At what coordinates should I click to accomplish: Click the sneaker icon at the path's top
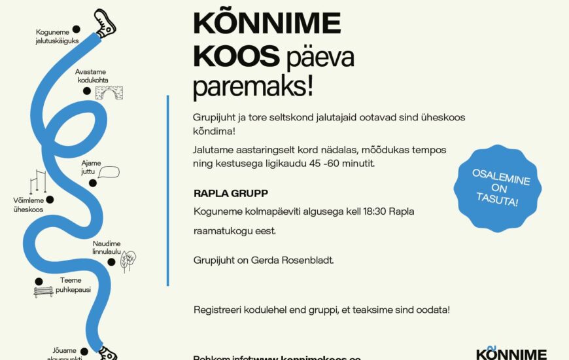[105, 24]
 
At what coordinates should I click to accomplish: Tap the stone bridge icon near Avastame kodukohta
[109, 94]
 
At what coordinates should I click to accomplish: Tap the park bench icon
[43, 290]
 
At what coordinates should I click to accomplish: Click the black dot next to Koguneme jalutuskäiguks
[76, 29]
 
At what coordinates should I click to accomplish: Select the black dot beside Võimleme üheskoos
[50, 200]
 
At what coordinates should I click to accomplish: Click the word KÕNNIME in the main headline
[267, 24]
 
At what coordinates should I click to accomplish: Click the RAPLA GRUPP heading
[231, 194]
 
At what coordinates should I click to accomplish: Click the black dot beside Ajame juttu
[92, 183]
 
